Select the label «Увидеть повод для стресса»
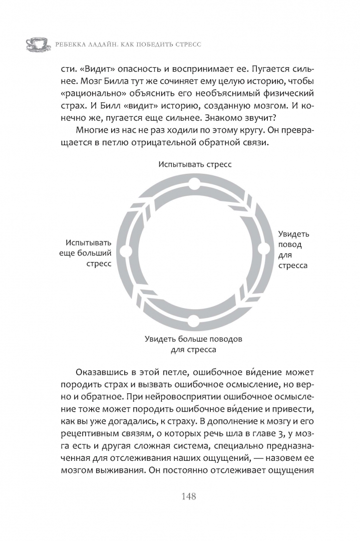click(x=293, y=249)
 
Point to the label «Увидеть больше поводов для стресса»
click(x=193, y=344)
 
